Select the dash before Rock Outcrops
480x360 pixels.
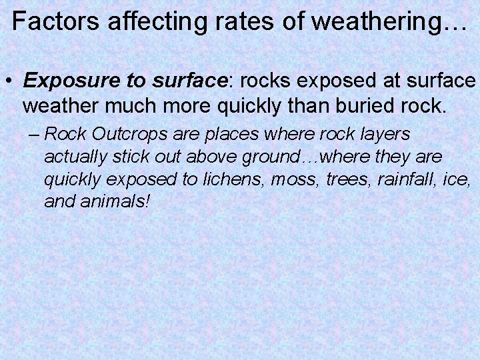click(x=35, y=134)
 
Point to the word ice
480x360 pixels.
click(x=459, y=179)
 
